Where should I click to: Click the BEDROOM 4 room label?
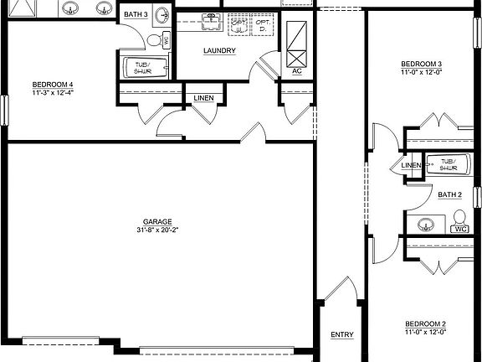point(53,84)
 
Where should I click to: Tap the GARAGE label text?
point(151,221)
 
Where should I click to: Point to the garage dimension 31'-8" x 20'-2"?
point(151,230)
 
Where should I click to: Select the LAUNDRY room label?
point(219,50)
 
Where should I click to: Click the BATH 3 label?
point(136,15)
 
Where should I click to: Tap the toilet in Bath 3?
point(155,40)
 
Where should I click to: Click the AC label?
point(297,70)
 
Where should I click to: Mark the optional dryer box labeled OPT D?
point(262,28)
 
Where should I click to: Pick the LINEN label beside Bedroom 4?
point(203,98)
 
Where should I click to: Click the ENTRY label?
point(341,335)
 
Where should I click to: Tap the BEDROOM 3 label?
point(422,65)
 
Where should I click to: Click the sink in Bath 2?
point(425,225)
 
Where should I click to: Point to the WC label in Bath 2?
point(459,228)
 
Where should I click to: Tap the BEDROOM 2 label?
point(425,324)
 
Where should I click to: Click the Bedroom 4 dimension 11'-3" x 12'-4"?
point(53,92)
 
